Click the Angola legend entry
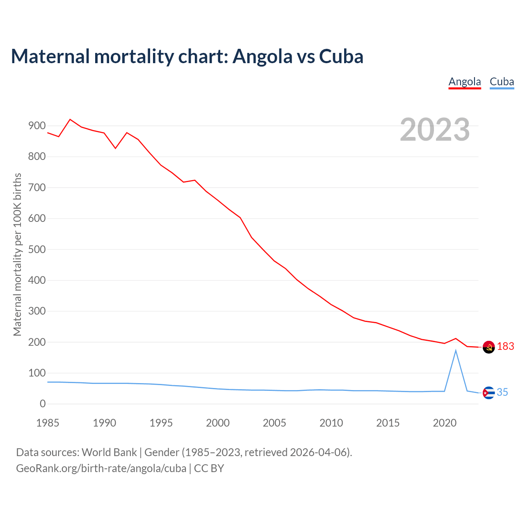(464, 82)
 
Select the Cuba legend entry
(502, 82)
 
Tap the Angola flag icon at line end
(488, 347)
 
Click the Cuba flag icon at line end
(488, 393)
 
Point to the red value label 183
(505, 347)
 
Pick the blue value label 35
(502, 393)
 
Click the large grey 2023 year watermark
(435, 130)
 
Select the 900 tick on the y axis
(37, 126)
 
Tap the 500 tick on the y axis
(37, 249)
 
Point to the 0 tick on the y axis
(43, 404)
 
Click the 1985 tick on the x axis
(48, 423)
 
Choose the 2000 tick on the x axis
(218, 423)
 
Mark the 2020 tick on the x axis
(445, 423)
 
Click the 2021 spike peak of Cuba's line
(456, 350)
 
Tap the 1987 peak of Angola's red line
(70, 119)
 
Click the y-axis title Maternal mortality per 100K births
(17, 254)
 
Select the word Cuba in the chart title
(341, 56)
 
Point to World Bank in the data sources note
(109, 452)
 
